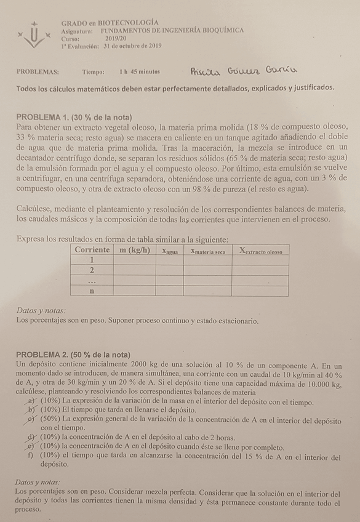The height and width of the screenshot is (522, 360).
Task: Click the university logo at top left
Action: click(x=32, y=34)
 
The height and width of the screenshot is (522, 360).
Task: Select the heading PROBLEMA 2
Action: click(x=73, y=355)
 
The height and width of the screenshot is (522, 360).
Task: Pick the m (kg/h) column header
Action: click(x=134, y=250)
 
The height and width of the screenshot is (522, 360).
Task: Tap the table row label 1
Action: click(x=92, y=260)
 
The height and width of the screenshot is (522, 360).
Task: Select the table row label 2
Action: click(x=92, y=270)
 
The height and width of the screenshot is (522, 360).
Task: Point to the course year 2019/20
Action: click(x=116, y=38)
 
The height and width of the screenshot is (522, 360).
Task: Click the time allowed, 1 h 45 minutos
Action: click(x=140, y=71)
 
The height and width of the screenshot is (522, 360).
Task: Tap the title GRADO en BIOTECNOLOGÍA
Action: click(x=105, y=22)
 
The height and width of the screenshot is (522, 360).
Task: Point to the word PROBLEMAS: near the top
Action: click(x=38, y=71)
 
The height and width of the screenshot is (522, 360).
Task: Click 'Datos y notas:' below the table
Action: click(x=41, y=311)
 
